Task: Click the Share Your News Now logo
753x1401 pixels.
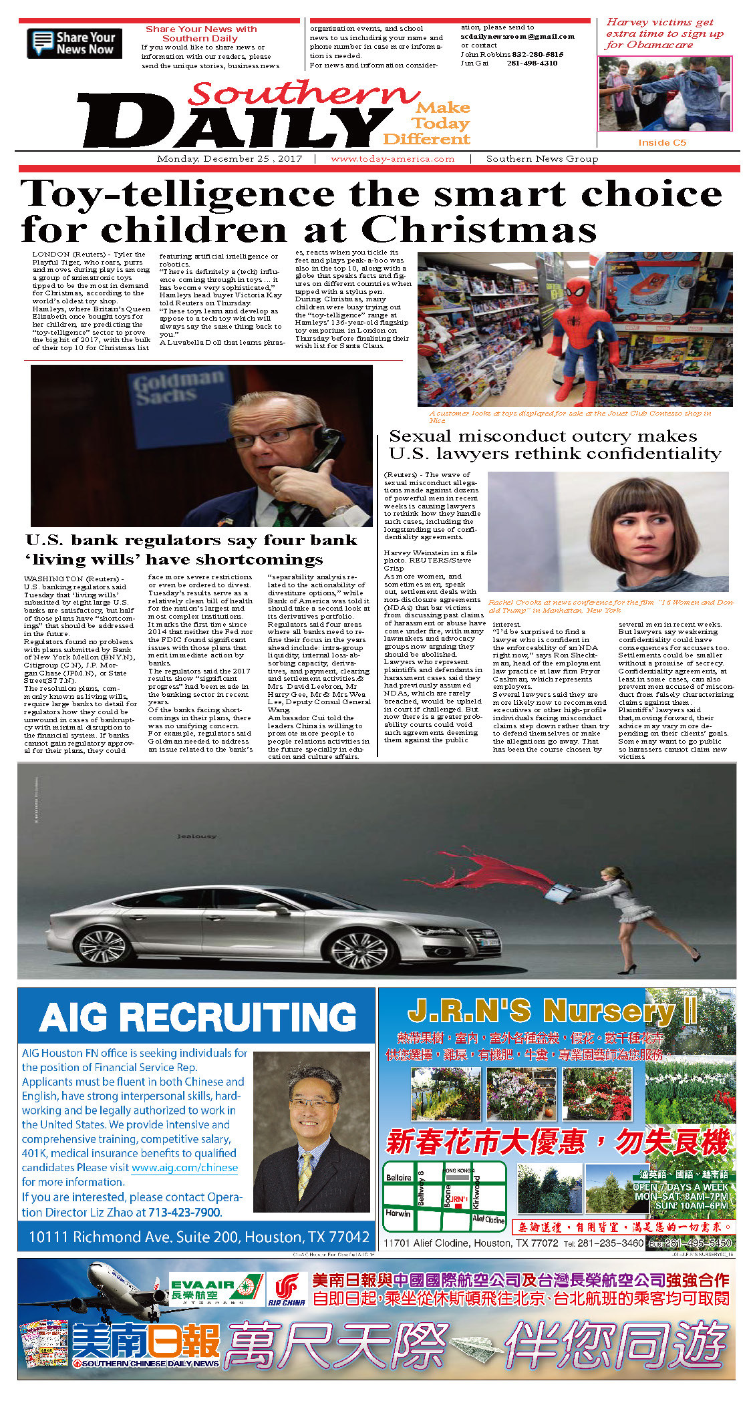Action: [x=74, y=43]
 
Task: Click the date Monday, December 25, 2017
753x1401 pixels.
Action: [x=229, y=159]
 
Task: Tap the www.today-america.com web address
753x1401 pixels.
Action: [x=392, y=159]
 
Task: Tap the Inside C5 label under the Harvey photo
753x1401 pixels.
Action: [x=661, y=142]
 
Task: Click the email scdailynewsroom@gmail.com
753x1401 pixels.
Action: [x=517, y=37]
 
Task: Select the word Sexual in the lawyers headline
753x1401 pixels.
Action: [x=420, y=437]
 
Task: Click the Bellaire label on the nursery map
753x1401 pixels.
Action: [x=398, y=1177]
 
